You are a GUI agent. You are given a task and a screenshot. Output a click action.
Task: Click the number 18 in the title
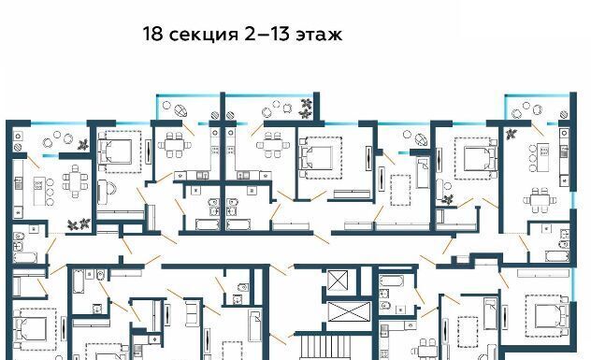tap(152, 34)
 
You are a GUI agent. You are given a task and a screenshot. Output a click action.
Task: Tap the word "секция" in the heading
tap(204, 35)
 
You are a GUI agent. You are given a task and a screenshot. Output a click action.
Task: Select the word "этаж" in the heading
tap(319, 35)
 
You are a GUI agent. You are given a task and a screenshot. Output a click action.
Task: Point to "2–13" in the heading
tap(267, 34)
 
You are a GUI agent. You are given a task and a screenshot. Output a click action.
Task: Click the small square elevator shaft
tap(338, 281)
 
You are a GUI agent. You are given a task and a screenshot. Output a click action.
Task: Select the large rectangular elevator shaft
tap(349, 311)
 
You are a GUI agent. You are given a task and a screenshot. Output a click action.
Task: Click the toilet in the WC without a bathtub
tap(242, 288)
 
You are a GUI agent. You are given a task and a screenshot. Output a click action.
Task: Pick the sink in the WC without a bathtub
tap(238, 299)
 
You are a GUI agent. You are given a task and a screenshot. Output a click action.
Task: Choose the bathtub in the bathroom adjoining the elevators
tap(392, 281)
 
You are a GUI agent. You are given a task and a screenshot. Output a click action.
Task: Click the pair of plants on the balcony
tap(305, 108)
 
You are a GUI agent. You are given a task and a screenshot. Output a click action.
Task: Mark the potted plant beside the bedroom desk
tap(448, 198)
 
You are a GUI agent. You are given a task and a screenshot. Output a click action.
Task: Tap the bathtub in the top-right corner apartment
tap(556, 256)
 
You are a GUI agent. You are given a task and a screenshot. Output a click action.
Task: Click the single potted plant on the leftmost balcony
tap(83, 144)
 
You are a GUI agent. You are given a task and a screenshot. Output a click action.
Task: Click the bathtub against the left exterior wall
tap(25, 258)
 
